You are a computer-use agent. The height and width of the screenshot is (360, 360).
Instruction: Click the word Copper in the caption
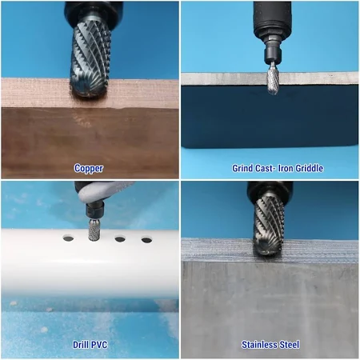pos(89,169)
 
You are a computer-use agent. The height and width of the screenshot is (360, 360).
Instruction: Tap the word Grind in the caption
pos(242,168)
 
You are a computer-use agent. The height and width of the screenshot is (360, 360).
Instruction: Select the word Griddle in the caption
pos(310,168)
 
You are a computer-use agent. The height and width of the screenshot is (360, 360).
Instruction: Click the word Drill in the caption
pos(80,345)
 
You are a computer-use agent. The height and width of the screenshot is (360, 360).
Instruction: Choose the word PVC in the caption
pos(99,345)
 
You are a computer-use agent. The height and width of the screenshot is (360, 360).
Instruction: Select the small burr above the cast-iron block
pos(273,78)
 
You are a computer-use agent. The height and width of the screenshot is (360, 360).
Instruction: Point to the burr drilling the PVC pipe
pos(94,230)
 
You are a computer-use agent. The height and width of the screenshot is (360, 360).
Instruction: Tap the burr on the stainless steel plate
pos(268,225)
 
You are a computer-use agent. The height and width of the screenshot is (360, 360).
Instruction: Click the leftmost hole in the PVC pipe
pos(68,238)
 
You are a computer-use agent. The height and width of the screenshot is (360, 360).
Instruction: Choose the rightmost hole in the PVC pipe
pos(146,240)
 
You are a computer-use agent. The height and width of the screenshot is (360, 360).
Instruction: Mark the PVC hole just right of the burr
pos(120,239)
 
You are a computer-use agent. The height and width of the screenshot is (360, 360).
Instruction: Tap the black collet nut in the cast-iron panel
pos(273,55)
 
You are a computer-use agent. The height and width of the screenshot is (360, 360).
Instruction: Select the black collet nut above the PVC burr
pos(94,210)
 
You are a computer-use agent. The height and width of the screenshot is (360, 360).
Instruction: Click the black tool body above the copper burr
pos(94,12)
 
